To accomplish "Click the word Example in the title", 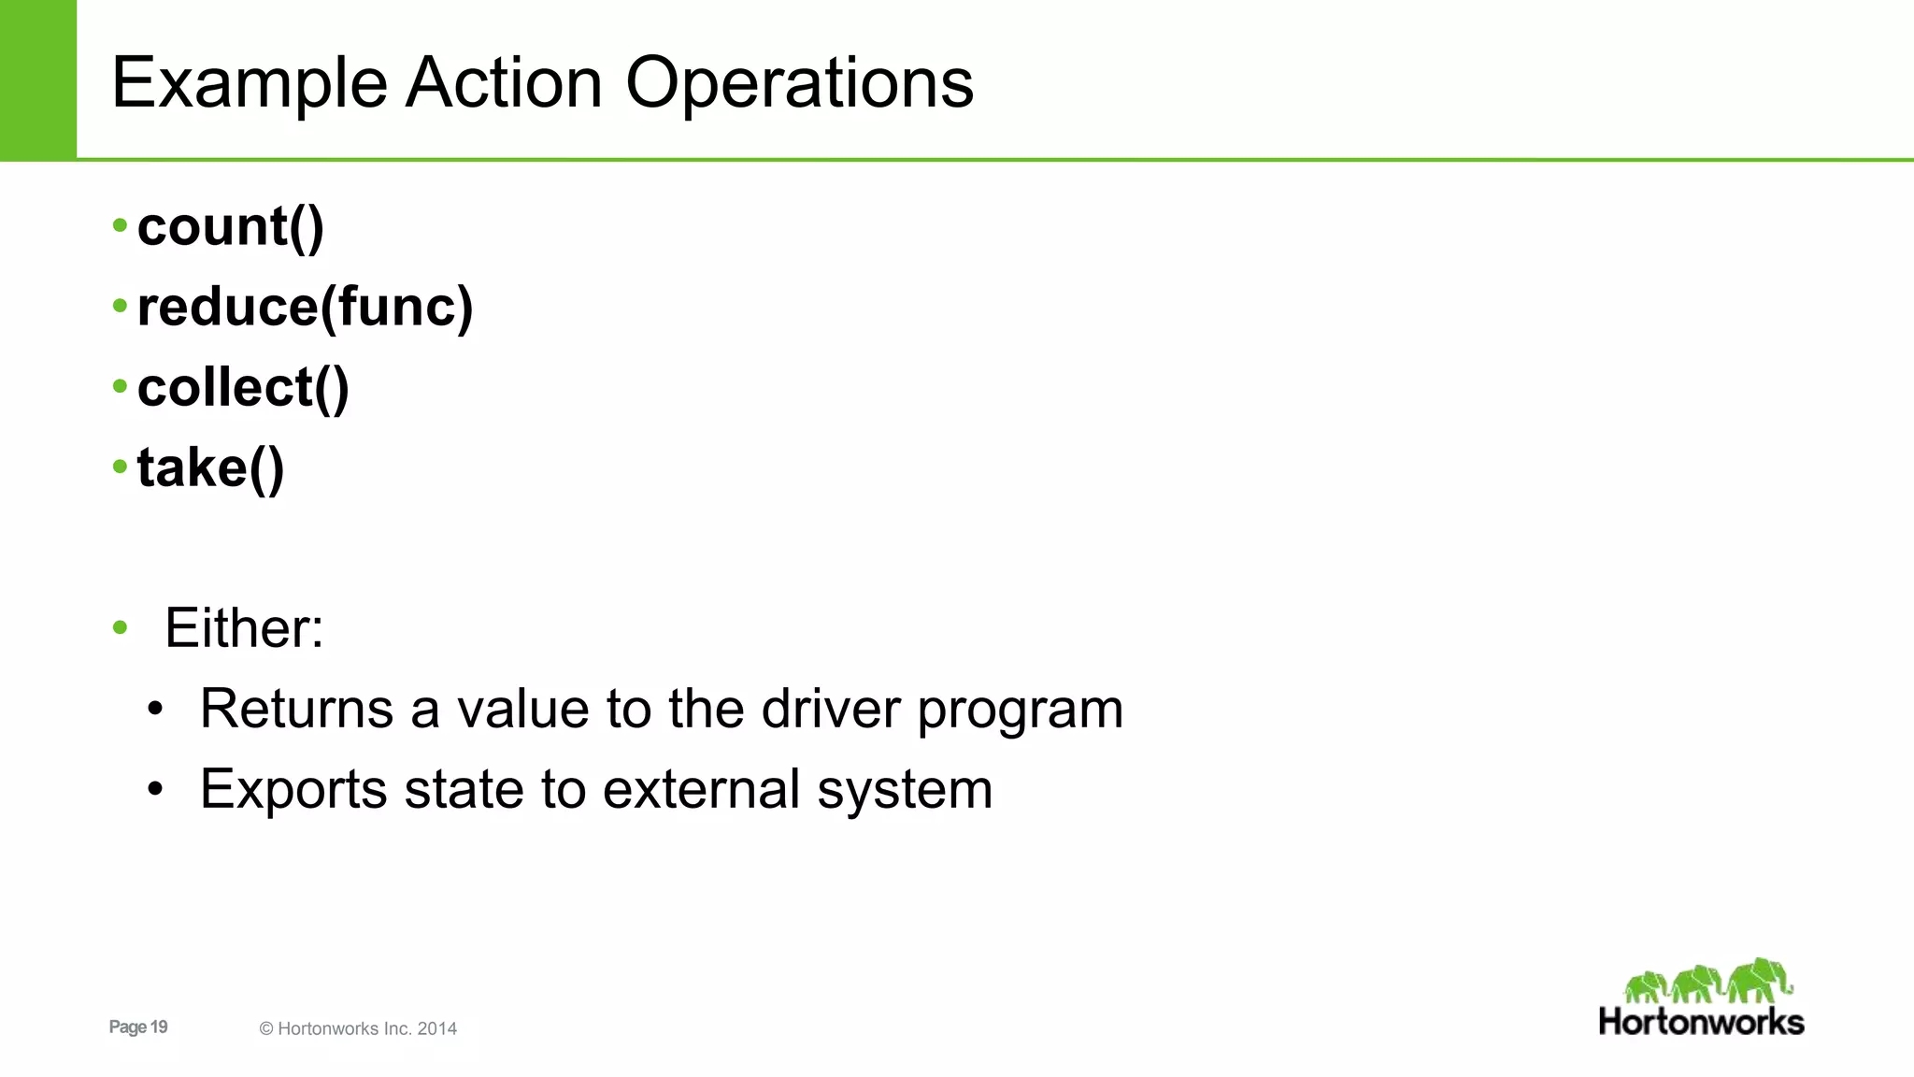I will click(x=249, y=84).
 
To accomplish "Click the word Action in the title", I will click(x=504, y=84).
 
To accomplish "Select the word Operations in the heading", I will click(x=799, y=84).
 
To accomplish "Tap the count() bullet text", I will click(x=230, y=227).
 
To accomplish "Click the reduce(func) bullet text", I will click(x=305, y=308).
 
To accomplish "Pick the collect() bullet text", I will click(x=243, y=388).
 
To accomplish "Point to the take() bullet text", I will click(x=210, y=468).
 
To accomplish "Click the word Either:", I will click(x=244, y=628).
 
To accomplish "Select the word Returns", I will click(x=296, y=709).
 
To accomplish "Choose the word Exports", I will click(x=293, y=790).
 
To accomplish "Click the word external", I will click(x=701, y=790).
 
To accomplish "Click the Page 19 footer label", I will click(x=138, y=1027).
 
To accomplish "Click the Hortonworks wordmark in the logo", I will click(x=1701, y=1022).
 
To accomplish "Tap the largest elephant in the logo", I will click(x=1759, y=980).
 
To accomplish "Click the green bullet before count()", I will click(x=120, y=225).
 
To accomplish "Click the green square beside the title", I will click(x=37, y=79).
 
